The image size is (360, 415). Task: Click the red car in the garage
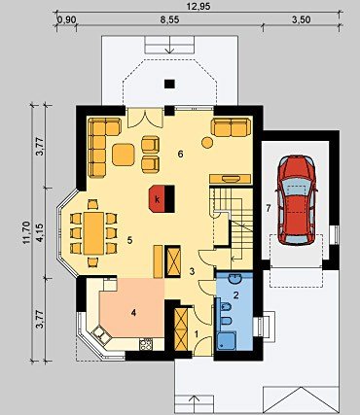(297, 200)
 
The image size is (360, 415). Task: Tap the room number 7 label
(269, 209)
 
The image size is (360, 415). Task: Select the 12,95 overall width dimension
(198, 7)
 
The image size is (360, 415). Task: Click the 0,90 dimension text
(66, 19)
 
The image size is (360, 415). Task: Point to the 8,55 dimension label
(169, 19)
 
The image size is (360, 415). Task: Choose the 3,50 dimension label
(302, 19)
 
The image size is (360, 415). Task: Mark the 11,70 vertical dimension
(26, 232)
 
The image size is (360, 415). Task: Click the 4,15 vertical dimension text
(40, 232)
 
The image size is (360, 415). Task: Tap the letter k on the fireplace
(158, 200)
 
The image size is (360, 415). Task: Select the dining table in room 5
(93, 233)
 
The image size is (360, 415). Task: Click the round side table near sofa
(207, 142)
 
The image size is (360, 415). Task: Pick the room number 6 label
(180, 155)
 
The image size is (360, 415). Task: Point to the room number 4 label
(133, 313)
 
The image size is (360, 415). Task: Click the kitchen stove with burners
(146, 344)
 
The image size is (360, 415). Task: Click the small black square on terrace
(169, 84)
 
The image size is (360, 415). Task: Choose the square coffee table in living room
(124, 155)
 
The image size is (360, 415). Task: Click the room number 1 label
(197, 333)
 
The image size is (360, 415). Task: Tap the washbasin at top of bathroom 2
(234, 278)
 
